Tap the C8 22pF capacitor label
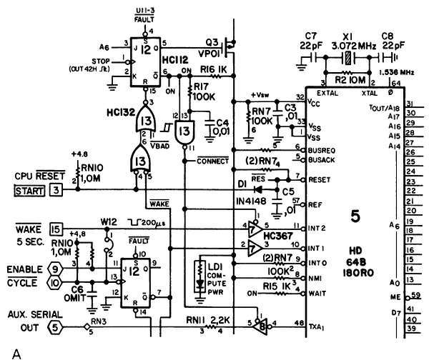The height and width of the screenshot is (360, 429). coord(390,41)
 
